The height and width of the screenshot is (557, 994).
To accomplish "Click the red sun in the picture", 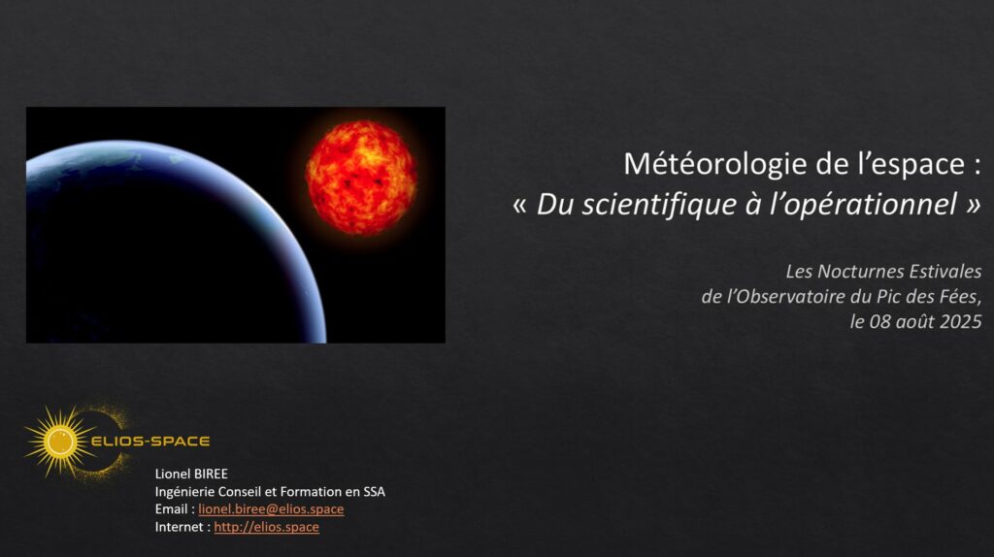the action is tap(361, 178).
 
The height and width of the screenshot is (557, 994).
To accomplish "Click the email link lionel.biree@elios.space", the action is tap(271, 508).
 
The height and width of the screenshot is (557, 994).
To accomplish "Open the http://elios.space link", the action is tap(266, 527).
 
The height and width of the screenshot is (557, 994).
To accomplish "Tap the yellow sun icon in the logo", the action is tap(59, 441).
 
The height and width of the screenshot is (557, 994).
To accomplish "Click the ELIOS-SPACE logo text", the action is tap(150, 441).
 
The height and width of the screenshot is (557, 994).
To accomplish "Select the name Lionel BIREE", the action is tap(191, 474).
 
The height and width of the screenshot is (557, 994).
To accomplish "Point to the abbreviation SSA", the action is tap(374, 492).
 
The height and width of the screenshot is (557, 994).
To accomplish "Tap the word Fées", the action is tap(964, 297).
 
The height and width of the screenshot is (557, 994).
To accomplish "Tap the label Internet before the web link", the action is tap(180, 527).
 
